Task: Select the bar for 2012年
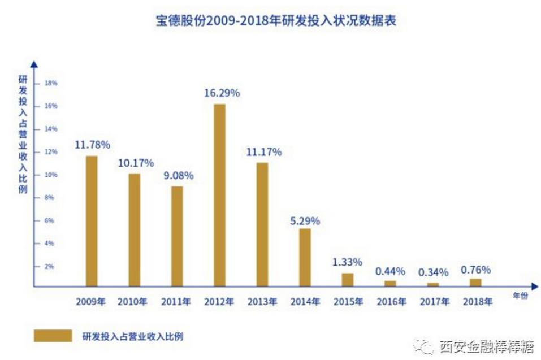219,195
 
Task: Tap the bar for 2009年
91,221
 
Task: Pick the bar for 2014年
305,257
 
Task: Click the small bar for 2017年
433,284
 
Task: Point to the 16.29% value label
222,93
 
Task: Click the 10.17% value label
136,163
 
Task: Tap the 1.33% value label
347,262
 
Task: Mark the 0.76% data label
475,269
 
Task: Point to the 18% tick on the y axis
51,83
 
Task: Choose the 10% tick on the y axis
51,175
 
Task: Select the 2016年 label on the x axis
391,302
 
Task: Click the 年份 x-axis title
521,295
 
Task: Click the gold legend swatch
53,336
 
